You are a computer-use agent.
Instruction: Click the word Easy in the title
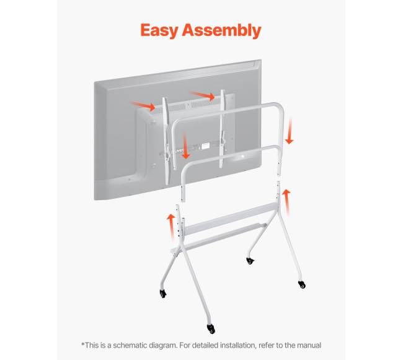point(159,30)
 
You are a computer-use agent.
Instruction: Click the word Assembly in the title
point(221,30)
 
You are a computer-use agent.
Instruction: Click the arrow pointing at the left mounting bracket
point(143,106)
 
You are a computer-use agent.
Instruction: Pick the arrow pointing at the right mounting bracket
point(202,96)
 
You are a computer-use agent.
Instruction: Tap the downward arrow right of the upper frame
point(290,131)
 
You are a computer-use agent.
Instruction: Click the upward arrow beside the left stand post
point(170,227)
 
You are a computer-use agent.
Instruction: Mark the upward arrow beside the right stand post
point(286,201)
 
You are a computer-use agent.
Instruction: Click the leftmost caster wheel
point(163,293)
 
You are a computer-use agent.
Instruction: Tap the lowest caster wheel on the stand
point(211,328)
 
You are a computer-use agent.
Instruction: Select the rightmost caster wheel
point(302,284)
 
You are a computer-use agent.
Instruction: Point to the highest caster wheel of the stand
point(250,261)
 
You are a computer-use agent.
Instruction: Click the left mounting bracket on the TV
point(167,141)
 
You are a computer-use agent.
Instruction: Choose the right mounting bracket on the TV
point(222,128)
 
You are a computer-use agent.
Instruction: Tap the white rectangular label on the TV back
point(205,146)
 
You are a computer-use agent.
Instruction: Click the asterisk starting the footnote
point(82,344)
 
